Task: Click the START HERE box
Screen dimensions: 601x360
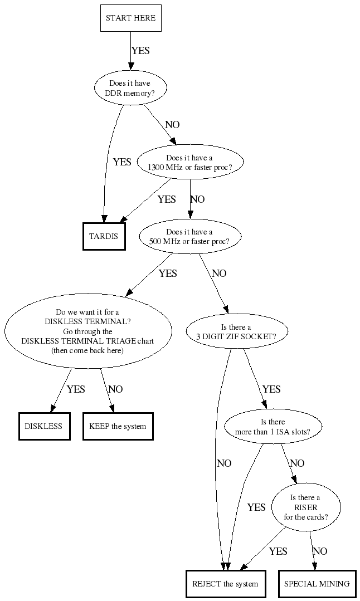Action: (130, 18)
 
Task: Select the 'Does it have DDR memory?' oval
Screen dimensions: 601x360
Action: (130, 89)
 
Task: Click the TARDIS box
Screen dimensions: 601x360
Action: (104, 236)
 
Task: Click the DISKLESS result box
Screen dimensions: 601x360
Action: (44, 426)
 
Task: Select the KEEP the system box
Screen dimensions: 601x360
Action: (118, 426)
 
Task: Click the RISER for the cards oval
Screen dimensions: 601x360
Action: (306, 507)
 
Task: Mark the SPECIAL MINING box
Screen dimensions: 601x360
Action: (317, 584)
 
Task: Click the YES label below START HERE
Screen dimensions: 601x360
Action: (140, 51)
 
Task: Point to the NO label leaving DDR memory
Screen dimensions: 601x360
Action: (172, 125)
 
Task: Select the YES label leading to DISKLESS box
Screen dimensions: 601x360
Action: (76, 389)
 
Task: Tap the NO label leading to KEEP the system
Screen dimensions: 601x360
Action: (115, 389)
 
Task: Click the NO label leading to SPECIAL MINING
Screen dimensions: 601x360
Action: (320, 551)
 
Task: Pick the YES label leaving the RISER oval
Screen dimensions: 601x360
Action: (278, 551)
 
